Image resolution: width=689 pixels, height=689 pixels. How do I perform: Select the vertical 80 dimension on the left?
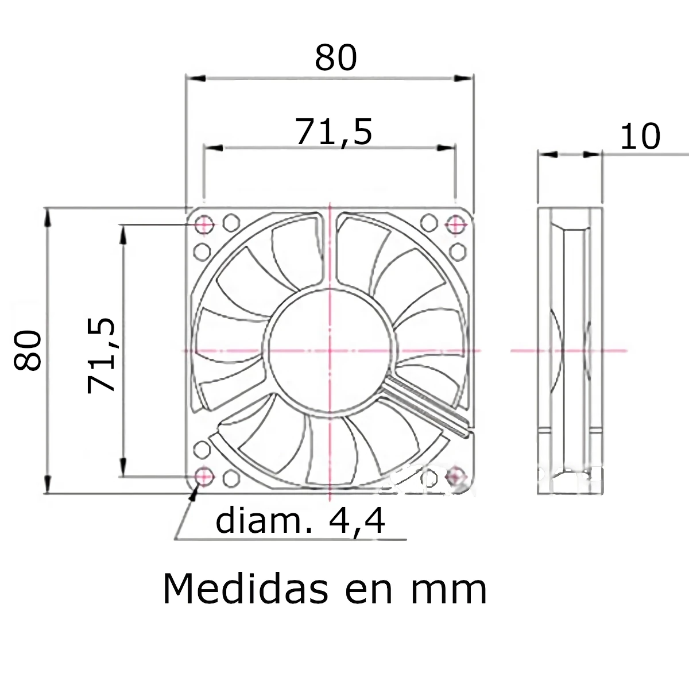(x=28, y=350)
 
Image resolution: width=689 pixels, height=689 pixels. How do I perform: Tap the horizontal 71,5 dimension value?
(x=334, y=131)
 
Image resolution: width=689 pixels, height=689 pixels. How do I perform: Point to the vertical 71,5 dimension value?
(x=102, y=355)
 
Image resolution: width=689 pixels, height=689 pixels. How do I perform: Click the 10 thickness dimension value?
(x=640, y=137)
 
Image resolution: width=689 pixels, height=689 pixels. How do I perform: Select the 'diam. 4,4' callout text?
(x=300, y=521)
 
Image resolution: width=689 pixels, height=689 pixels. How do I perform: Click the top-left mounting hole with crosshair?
(x=204, y=224)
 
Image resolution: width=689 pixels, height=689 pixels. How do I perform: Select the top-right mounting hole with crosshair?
(x=456, y=224)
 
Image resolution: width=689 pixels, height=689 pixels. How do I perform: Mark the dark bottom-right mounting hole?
(x=456, y=475)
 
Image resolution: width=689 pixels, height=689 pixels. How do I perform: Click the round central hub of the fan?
(x=330, y=350)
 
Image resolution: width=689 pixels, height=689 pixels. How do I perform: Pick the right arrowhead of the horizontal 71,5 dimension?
(x=448, y=148)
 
